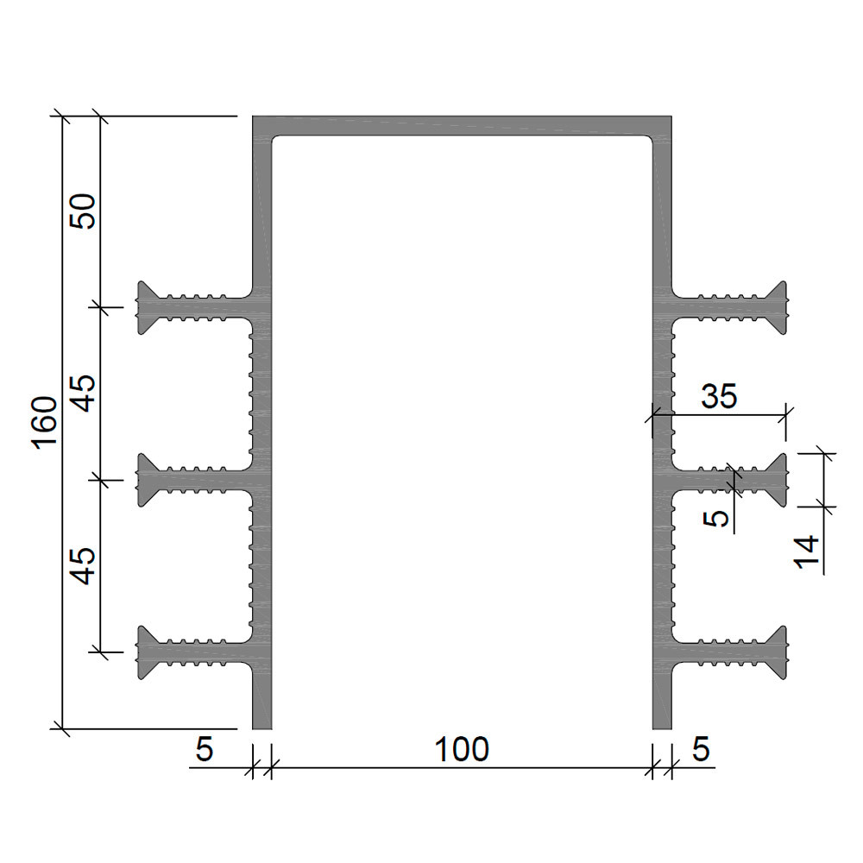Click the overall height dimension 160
pos(46,423)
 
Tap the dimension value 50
pos(83,211)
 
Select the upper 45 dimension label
pos(85,393)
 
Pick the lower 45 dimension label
pos(85,565)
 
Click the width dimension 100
pos(461,750)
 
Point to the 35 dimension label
pos(719,396)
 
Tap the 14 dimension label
pos(807,552)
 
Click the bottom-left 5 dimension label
pos(205,750)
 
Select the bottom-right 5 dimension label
pos(701,749)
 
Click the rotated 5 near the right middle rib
pos(716,518)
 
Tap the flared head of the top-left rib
pos(146,308)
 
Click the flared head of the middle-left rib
pos(146,480)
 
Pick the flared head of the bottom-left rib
pos(146,652)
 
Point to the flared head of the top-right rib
pos(778,308)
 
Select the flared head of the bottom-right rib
pos(778,652)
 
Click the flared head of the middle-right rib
pos(778,480)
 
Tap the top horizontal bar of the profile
pos(462,125)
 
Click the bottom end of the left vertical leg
pos(262,728)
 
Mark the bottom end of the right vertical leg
pos(662,728)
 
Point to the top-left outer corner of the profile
pos(253,117)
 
